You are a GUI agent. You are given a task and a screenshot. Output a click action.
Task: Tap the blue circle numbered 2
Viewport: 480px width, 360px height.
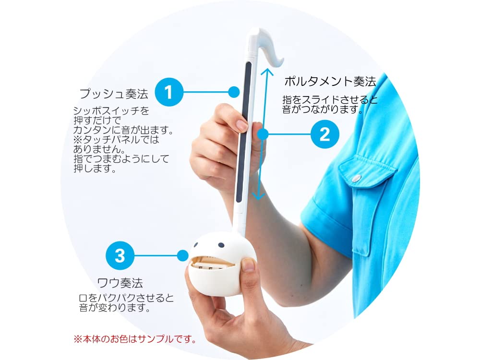pos(324,134)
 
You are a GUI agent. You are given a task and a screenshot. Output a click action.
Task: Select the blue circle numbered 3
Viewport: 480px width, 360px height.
pos(120,255)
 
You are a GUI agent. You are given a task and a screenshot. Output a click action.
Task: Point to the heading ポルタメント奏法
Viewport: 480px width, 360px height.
pos(329,81)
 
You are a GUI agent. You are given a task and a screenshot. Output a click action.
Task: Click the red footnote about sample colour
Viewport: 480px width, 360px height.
pos(135,339)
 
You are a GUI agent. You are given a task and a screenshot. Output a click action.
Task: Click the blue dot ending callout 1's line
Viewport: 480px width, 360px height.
pos(234,92)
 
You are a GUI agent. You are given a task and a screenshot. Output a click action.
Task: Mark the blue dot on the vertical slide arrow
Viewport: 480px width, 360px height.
pos(263,134)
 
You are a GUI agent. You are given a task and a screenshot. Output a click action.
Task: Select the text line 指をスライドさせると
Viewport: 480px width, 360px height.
pos(330,100)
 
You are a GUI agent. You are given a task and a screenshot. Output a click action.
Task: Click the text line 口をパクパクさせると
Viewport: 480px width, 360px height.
pos(126,298)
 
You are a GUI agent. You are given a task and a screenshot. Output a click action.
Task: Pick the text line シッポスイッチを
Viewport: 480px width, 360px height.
pos(111,111)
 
